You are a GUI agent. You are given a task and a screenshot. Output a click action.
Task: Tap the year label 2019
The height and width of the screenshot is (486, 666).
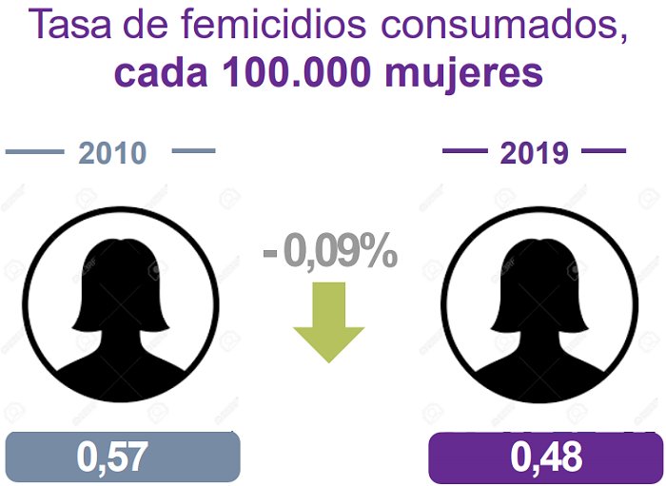(x=534, y=153)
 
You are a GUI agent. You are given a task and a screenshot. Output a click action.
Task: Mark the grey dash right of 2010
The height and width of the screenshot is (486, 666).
(x=194, y=150)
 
